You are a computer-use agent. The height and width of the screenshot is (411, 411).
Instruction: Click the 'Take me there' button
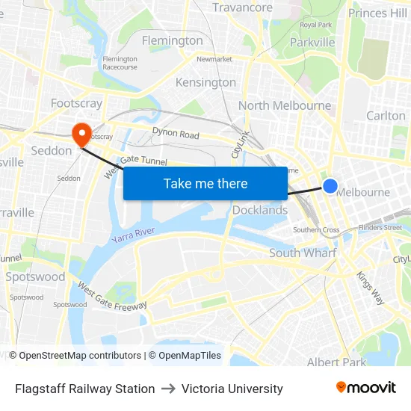coord(205,183)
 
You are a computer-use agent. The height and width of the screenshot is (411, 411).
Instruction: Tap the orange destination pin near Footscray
coord(81,134)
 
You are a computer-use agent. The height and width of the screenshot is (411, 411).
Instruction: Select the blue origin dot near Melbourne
coord(330,186)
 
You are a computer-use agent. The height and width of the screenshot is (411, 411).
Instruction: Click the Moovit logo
coord(365,388)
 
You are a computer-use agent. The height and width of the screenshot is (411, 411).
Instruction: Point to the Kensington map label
coord(205,82)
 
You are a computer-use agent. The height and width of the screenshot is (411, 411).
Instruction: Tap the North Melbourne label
coord(284,105)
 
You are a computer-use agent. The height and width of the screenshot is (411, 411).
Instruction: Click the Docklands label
coord(260,210)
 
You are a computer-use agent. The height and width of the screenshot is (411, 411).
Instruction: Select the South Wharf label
coord(303,253)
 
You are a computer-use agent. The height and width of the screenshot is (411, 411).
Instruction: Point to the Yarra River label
coord(133,235)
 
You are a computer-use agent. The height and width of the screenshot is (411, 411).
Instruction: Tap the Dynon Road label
coord(176,134)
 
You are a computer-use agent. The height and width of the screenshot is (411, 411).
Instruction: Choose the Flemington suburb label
coord(172,40)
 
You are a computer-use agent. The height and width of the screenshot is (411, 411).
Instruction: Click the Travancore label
coord(243,7)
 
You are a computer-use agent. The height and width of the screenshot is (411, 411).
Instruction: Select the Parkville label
coord(312,43)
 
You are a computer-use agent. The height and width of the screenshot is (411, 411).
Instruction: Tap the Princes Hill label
coord(378,13)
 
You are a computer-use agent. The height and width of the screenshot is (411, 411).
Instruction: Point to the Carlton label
coord(386,116)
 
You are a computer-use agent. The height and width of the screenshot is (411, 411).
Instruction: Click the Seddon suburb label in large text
coord(52,150)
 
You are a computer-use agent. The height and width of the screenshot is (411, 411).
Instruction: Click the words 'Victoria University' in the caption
coord(232,389)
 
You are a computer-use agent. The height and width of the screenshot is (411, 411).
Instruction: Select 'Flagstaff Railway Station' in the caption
coord(85,389)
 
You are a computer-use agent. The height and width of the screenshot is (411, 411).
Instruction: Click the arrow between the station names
coord(168,389)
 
